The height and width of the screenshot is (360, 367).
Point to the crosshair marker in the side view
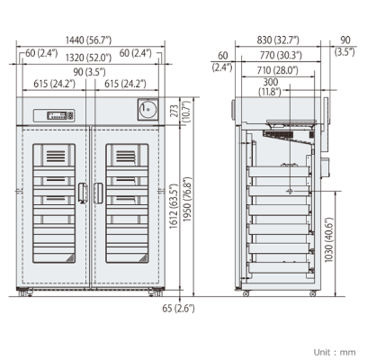(290, 192)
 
